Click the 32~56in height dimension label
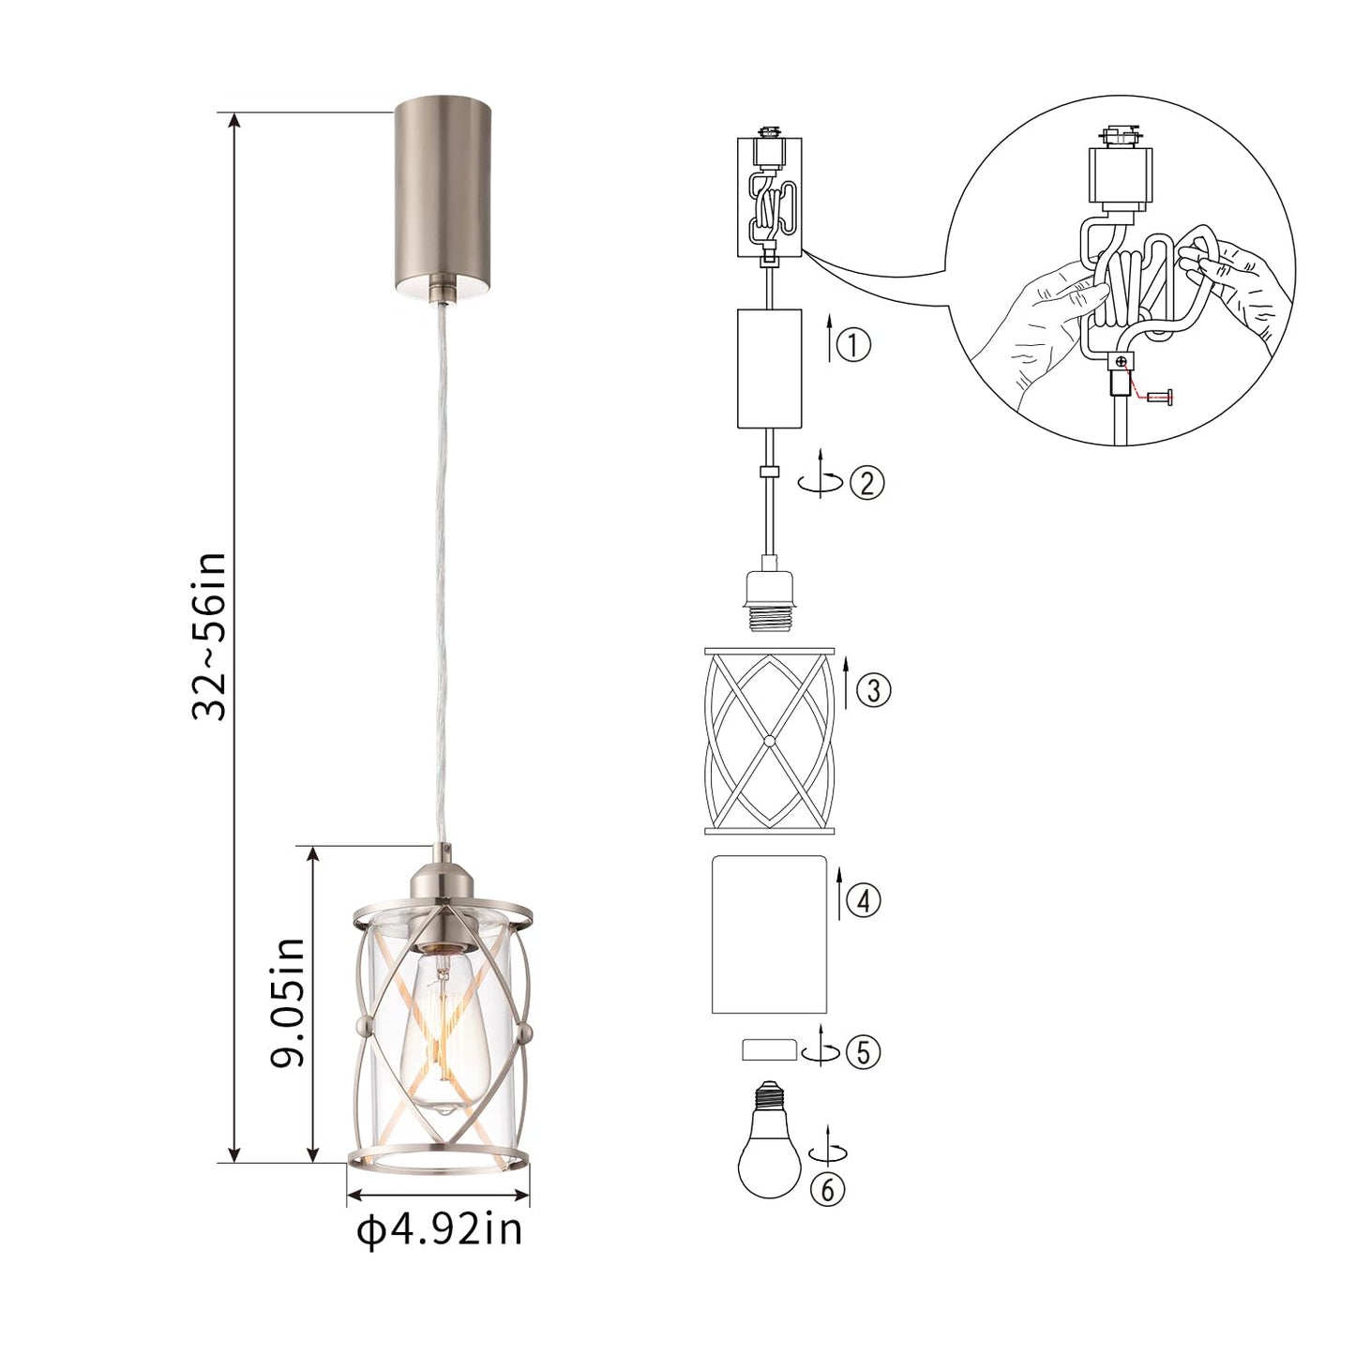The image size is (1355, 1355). click(x=208, y=636)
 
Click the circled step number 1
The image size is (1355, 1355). click(x=853, y=344)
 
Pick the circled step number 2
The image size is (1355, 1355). click(x=866, y=483)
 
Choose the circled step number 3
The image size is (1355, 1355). click(x=873, y=691)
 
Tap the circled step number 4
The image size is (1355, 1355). click(x=864, y=901)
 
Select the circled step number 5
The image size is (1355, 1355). click(x=864, y=1052)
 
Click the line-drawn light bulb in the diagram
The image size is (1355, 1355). click(x=769, y=1144)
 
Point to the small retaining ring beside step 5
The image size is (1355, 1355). click(x=769, y=1049)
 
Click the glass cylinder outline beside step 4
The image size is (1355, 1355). click(x=768, y=934)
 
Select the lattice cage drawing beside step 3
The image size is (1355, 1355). click(x=768, y=741)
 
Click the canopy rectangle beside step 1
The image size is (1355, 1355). click(x=769, y=368)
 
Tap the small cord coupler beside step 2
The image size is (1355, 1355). click(x=769, y=471)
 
